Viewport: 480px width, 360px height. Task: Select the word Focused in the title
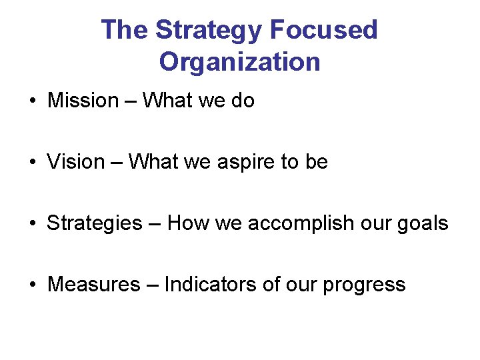click(x=324, y=31)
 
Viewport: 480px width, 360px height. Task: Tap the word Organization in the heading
click(x=239, y=62)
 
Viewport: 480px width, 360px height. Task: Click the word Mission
click(x=83, y=101)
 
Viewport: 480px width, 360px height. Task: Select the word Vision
click(x=76, y=162)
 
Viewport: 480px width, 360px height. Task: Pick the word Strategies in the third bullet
click(x=94, y=223)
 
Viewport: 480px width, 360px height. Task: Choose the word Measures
click(x=94, y=285)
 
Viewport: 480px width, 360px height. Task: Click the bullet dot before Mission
click(x=32, y=101)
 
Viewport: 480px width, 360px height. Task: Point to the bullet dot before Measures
click(x=32, y=285)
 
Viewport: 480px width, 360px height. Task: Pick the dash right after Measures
click(x=153, y=285)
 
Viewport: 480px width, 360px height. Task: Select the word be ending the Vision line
click(x=317, y=162)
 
